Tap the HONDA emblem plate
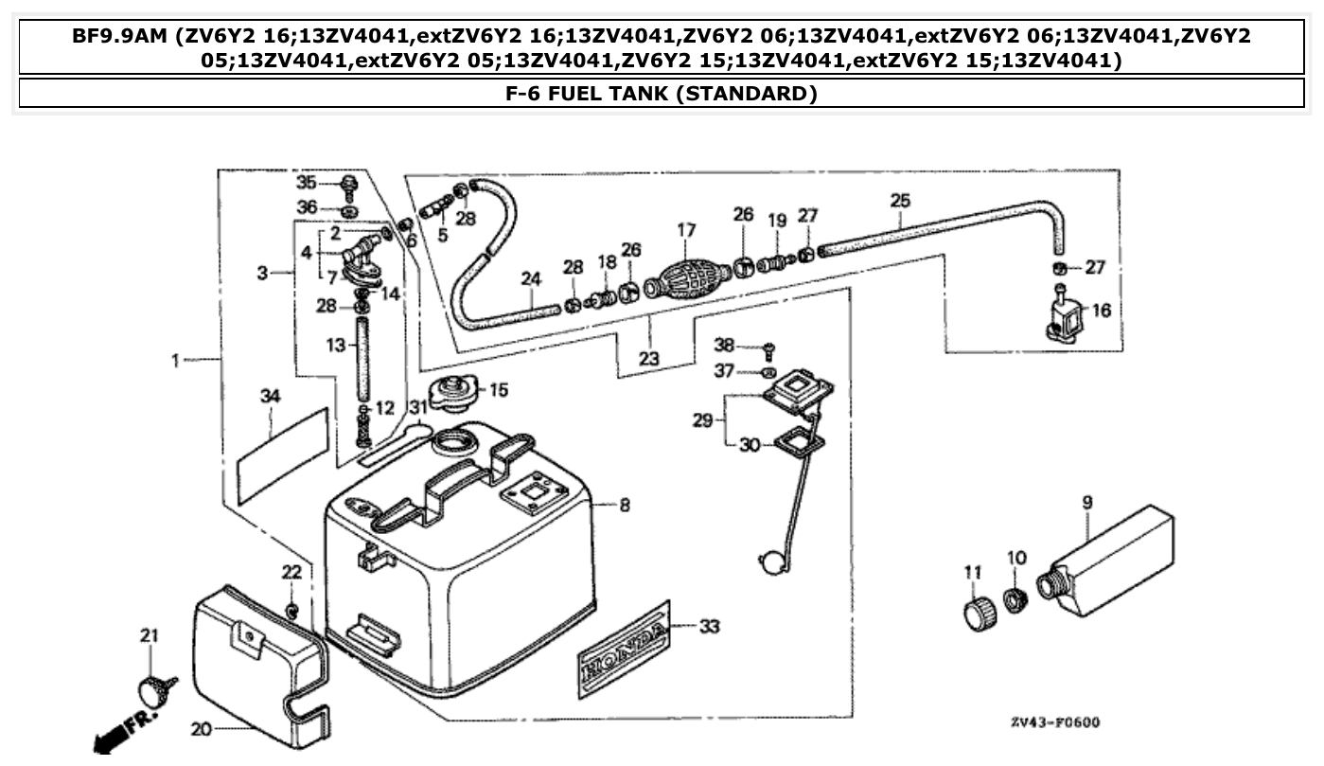pyautogui.click(x=625, y=648)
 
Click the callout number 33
pyautogui.click(x=710, y=626)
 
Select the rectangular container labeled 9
pyautogui.click(x=1117, y=559)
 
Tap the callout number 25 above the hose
pyautogui.click(x=900, y=201)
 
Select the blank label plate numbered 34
pyautogui.click(x=282, y=446)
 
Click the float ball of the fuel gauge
pyautogui.click(x=771, y=562)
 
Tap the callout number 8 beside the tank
pyautogui.click(x=625, y=506)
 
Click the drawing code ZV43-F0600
pyautogui.click(x=1055, y=722)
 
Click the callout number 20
pyautogui.click(x=202, y=729)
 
